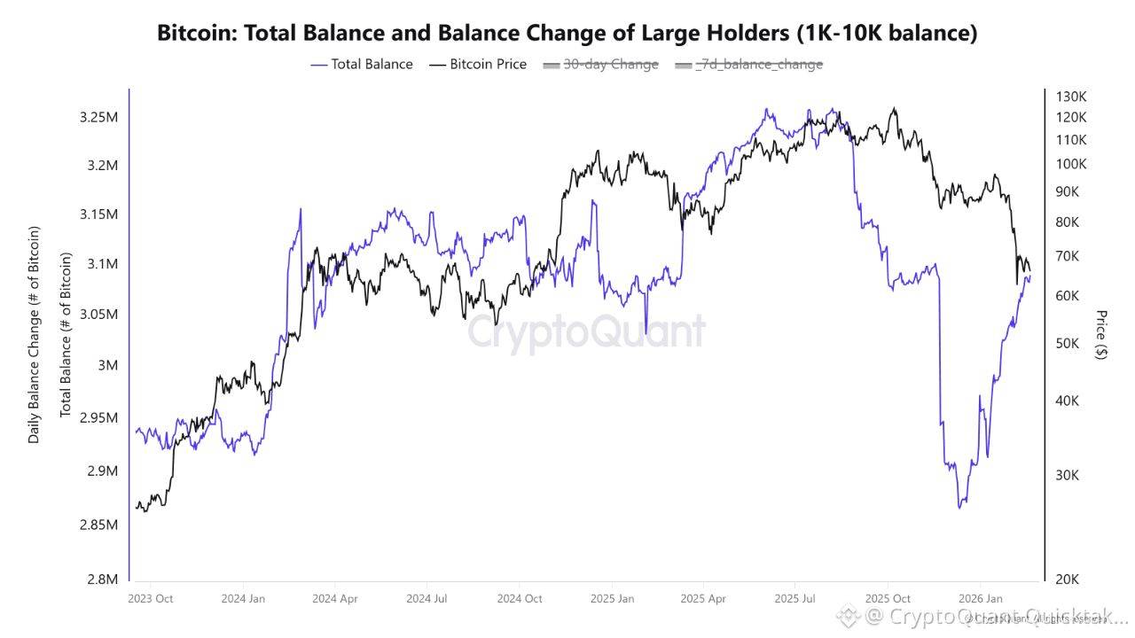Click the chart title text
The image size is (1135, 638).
tap(567, 34)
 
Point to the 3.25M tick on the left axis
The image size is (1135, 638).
tap(99, 117)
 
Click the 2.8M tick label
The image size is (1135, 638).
tap(103, 580)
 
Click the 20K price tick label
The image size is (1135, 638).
tap(1068, 580)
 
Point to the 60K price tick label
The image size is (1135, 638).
tap(1068, 296)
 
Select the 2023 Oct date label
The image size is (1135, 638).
tap(151, 599)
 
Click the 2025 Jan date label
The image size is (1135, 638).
tap(612, 599)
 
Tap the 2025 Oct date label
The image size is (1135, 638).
tap(888, 599)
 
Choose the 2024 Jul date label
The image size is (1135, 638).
tap(427, 599)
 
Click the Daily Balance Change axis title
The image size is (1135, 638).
tap(34, 334)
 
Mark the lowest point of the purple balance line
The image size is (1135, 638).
tap(960, 508)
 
